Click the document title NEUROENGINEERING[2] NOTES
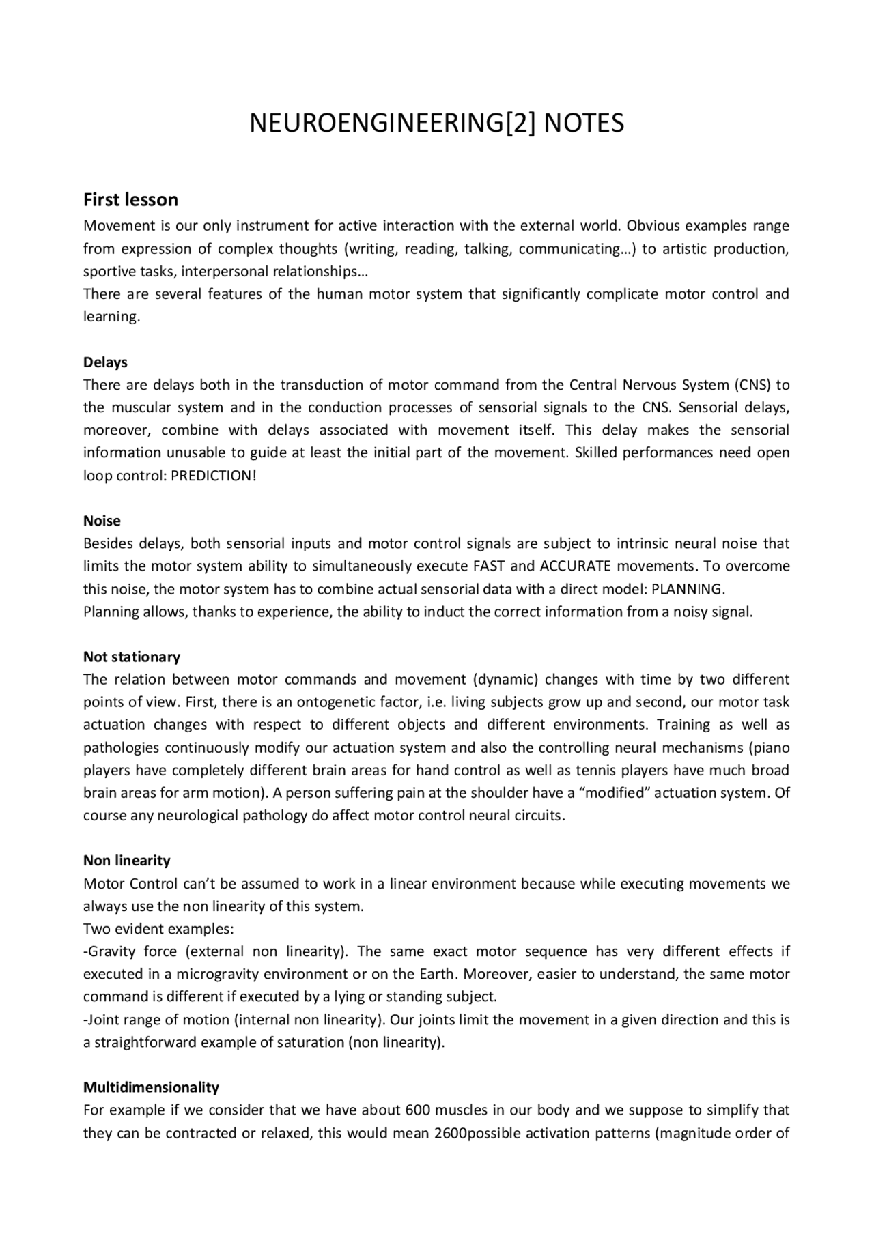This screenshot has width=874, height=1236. pyautogui.click(x=436, y=124)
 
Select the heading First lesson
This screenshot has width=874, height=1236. pyautogui.click(x=130, y=200)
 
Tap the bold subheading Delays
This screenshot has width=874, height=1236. pyautogui.click(x=105, y=362)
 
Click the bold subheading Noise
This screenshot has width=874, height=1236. pyautogui.click(x=102, y=521)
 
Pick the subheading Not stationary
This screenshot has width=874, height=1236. pyautogui.click(x=132, y=657)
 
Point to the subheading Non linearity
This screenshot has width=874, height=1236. pyautogui.click(x=126, y=861)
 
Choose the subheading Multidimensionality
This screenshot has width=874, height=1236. pyautogui.click(x=151, y=1087)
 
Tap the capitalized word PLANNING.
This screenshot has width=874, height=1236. pyautogui.click(x=688, y=589)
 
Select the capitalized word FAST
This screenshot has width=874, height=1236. pyautogui.click(x=489, y=566)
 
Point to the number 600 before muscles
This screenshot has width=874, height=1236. pyautogui.click(x=417, y=1110)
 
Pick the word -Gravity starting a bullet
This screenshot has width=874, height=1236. pyautogui.click(x=109, y=951)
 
